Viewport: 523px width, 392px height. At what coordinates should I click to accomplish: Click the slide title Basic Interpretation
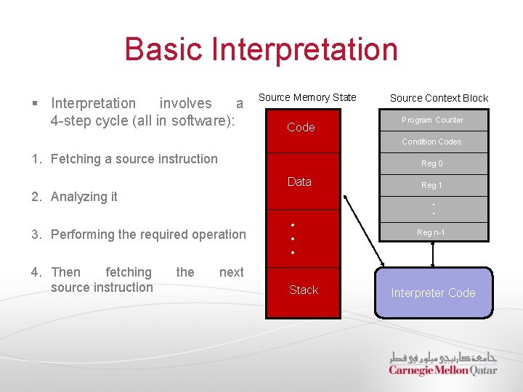[x=261, y=49]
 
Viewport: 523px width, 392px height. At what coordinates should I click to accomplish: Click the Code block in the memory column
[x=301, y=128]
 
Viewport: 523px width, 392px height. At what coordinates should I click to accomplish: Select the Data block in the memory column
[x=299, y=181]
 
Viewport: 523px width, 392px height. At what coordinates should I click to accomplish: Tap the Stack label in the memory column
[x=303, y=290]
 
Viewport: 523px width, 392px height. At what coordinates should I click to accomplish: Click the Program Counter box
[x=433, y=120]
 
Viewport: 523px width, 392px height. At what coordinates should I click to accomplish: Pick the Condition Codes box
[x=431, y=142]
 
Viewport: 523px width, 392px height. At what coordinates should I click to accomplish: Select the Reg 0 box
[x=431, y=164]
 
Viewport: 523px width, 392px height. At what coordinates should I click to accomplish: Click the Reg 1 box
[x=431, y=186]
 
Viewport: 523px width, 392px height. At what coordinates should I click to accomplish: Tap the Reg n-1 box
[x=431, y=232]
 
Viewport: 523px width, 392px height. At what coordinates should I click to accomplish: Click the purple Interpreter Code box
[x=433, y=293]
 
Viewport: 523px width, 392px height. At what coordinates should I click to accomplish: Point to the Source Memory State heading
[x=307, y=97]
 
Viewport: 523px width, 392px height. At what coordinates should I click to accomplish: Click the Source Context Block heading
[x=439, y=98]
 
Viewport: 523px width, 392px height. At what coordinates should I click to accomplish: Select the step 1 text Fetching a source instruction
[x=134, y=159]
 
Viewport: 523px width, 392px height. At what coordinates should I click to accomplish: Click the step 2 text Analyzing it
[x=84, y=197]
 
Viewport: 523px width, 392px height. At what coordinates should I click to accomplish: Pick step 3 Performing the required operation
[x=148, y=234]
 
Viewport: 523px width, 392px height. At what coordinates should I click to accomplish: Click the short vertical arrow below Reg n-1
[x=433, y=255]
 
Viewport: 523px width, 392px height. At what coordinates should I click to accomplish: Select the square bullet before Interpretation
[x=36, y=104]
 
